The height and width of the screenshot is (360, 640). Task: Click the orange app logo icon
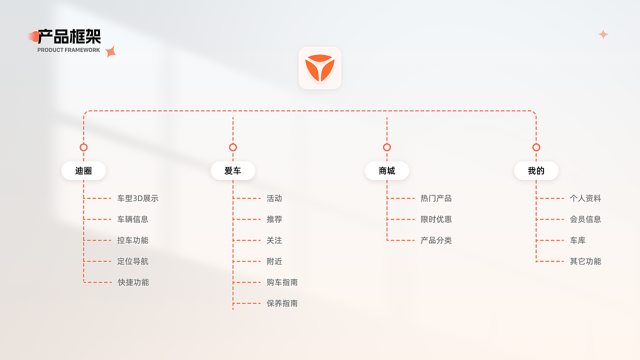pyautogui.click(x=319, y=68)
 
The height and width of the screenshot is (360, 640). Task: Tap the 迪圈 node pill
pyautogui.click(x=83, y=170)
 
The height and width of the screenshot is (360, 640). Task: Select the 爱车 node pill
pyautogui.click(x=233, y=170)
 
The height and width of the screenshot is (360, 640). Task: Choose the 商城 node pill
pyautogui.click(x=387, y=170)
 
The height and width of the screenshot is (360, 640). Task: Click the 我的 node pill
pyautogui.click(x=536, y=170)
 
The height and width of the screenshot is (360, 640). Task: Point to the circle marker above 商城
pyautogui.click(x=387, y=143)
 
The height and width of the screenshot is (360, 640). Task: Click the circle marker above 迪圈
pyautogui.click(x=83, y=143)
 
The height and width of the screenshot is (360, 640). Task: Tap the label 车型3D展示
pyautogui.click(x=137, y=198)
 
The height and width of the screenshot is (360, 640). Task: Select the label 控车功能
pyautogui.click(x=133, y=240)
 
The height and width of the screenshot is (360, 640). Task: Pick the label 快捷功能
pyautogui.click(x=133, y=282)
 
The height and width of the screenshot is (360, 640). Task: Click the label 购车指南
pyautogui.click(x=282, y=282)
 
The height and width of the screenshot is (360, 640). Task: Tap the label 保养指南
pyautogui.click(x=282, y=303)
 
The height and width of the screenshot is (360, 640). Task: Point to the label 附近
pyautogui.click(x=274, y=261)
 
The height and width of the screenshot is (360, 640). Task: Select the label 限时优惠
pyautogui.click(x=436, y=219)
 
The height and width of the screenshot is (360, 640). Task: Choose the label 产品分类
pyautogui.click(x=436, y=240)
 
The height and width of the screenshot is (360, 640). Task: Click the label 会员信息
pyautogui.click(x=585, y=219)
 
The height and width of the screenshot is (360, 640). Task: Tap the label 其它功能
pyautogui.click(x=585, y=261)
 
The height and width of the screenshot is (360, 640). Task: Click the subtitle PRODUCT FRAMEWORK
pyautogui.click(x=68, y=50)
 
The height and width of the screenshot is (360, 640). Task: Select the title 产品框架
pyautogui.click(x=69, y=36)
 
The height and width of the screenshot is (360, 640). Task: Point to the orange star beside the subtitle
pyautogui.click(x=110, y=51)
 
